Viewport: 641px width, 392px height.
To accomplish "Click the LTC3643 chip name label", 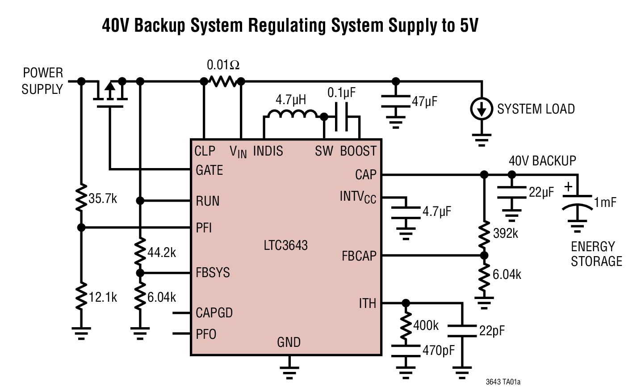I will pyautogui.click(x=285, y=245).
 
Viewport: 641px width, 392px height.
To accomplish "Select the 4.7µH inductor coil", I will pyautogui.click(x=291, y=115).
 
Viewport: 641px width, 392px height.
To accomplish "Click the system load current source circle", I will pyautogui.click(x=482, y=109).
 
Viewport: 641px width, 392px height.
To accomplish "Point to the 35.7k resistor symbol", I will pyautogui.click(x=81, y=198).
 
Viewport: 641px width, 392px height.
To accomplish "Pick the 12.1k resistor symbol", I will pyautogui.click(x=81, y=297).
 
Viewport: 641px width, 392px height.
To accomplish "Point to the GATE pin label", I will pyautogui.click(x=209, y=170).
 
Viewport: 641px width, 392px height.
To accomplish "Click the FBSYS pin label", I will pyautogui.click(x=213, y=273).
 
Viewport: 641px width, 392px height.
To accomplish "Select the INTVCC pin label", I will pyautogui.click(x=358, y=197).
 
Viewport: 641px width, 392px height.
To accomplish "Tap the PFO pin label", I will pyautogui.click(x=206, y=334).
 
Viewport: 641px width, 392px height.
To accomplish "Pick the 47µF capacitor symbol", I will pyautogui.click(x=395, y=101).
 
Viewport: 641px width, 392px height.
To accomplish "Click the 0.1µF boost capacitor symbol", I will pyautogui.click(x=341, y=117).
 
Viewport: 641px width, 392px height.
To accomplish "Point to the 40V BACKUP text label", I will pyautogui.click(x=542, y=161).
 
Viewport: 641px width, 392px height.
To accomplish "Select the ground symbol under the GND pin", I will pyautogui.click(x=289, y=370).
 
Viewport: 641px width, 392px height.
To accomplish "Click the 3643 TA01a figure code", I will pyautogui.click(x=503, y=382).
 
